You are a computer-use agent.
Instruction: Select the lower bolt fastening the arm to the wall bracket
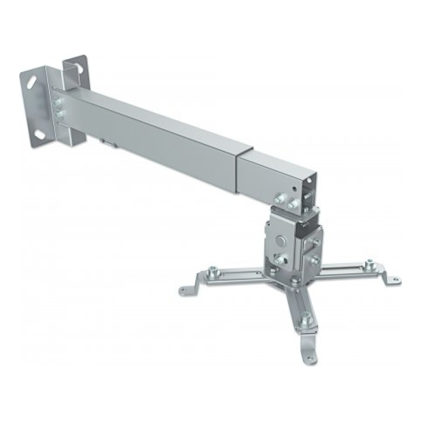coord(59,115)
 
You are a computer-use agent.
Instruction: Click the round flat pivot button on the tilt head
coord(280,239)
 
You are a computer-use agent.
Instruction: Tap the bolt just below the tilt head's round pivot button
coord(279,260)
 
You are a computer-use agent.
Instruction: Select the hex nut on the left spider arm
coord(212,270)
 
